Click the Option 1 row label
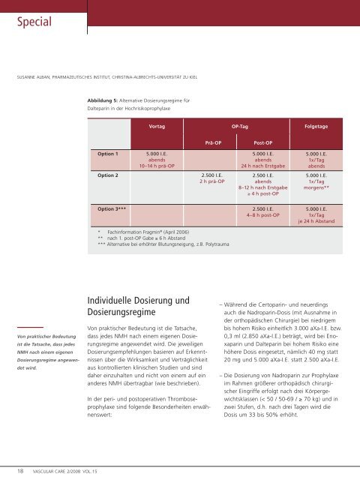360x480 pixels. pyautogui.click(x=103, y=154)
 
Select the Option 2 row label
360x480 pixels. pyautogui.click(x=103, y=175)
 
